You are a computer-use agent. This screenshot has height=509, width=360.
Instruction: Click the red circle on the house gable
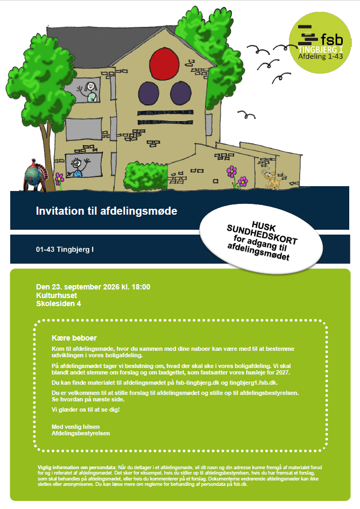click(x=164, y=63)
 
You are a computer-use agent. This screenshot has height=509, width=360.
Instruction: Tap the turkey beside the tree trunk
click(x=36, y=175)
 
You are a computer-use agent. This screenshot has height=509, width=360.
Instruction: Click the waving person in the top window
click(x=89, y=92)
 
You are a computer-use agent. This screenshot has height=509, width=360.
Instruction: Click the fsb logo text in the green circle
click(x=332, y=40)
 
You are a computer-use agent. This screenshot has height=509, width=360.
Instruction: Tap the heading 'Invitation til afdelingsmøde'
click(x=107, y=211)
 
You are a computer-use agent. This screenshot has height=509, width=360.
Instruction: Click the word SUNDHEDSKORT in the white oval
click(x=262, y=234)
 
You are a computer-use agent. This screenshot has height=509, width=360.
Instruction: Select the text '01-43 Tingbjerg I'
click(x=65, y=249)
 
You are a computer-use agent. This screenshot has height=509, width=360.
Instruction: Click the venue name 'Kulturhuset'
click(x=57, y=295)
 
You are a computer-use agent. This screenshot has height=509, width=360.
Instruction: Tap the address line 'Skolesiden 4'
click(x=59, y=304)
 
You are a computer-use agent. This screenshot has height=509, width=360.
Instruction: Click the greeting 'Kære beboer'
click(x=74, y=338)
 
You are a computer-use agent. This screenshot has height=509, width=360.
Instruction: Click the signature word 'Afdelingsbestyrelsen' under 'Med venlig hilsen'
click(x=81, y=433)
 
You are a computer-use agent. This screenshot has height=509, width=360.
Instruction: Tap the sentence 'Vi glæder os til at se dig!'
click(x=86, y=409)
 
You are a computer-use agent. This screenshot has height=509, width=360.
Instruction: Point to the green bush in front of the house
click(x=145, y=177)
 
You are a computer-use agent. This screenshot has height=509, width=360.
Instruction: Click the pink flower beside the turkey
click(x=59, y=178)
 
